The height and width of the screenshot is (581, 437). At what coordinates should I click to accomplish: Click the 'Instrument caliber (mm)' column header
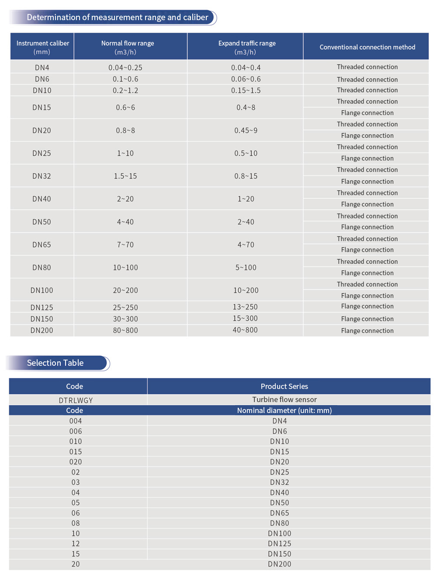pos(42,47)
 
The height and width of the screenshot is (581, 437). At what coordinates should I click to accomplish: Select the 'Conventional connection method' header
pos(367,47)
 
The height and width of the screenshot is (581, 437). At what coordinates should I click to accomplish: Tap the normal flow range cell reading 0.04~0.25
pos(125,67)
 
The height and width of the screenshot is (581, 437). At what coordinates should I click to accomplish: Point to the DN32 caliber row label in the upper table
pos(42,176)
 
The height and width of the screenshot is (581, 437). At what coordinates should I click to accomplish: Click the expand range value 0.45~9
pos(246,130)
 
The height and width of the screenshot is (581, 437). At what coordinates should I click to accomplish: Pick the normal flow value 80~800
pos(125,330)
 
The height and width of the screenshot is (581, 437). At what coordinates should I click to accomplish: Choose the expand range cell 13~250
pos(245,307)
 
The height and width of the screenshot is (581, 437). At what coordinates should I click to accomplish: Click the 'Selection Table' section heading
pos(55,363)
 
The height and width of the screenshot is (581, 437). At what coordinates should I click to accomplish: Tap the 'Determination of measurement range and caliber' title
pos(118,17)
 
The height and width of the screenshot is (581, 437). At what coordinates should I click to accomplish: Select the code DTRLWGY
pos(76,400)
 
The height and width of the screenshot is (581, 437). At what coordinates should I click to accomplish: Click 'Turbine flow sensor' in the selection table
pos(284,399)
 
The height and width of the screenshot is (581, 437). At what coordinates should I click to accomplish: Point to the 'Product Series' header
pos(284,386)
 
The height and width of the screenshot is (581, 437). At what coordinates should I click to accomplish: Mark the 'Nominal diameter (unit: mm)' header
pos(284,410)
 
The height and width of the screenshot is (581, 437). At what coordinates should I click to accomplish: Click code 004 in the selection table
pos(76,421)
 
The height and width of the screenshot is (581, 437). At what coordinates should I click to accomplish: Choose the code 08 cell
pos(76,523)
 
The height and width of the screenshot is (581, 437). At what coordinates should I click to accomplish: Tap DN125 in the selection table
pos(280,543)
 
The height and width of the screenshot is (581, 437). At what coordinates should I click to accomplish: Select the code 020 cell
pos(76,462)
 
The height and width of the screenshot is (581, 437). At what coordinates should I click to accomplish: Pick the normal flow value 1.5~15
pos(125,176)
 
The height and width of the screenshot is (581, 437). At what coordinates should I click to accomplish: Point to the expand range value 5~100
pos(246,267)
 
